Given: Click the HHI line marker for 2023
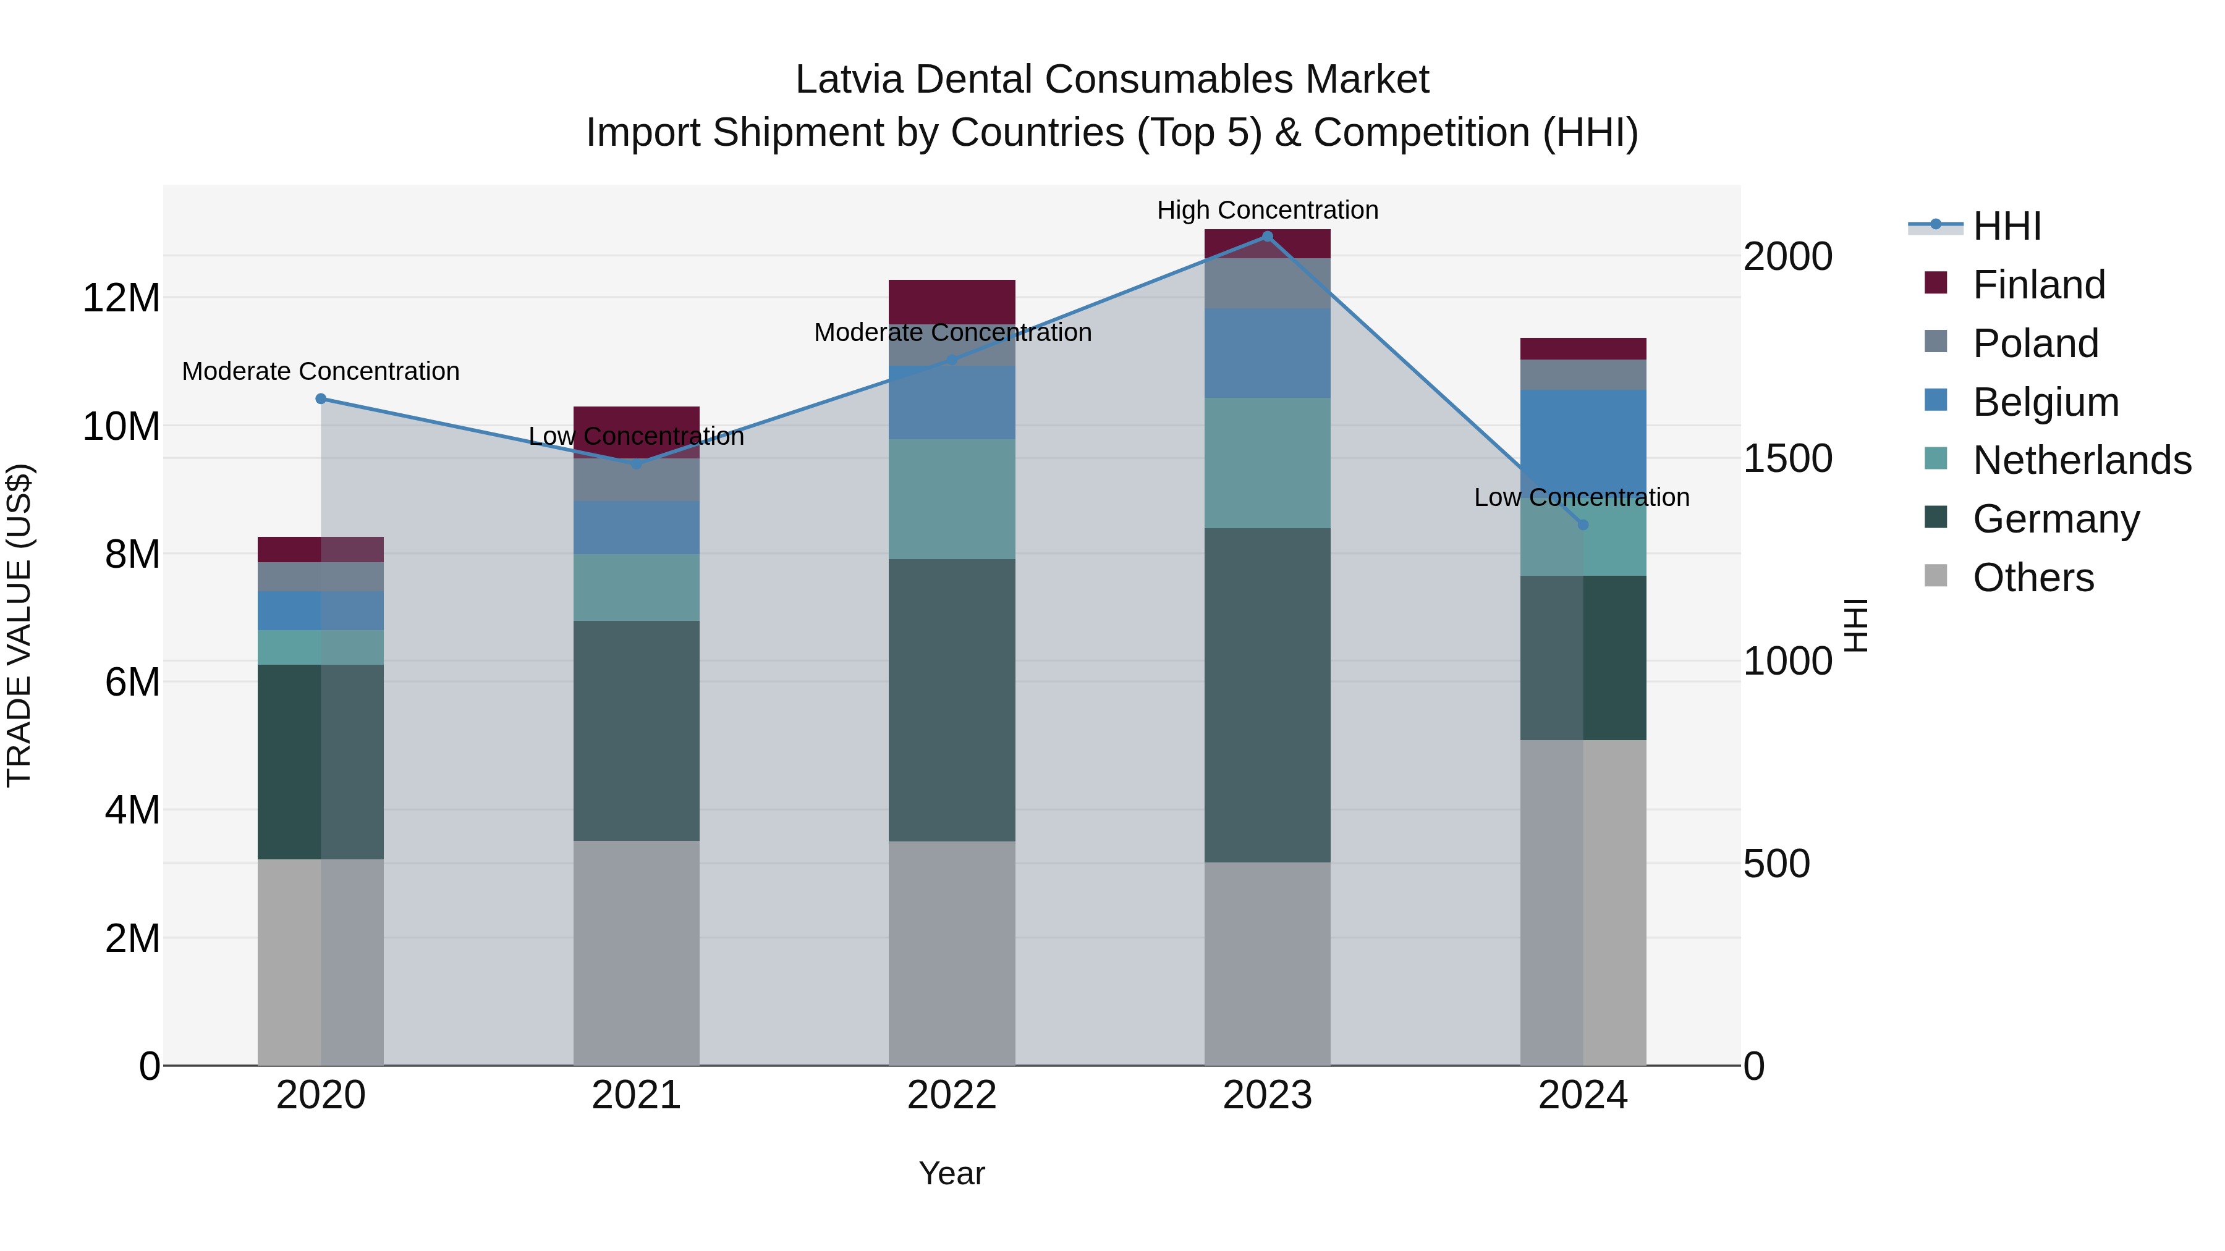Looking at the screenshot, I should pos(1267,236).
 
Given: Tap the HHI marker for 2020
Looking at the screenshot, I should pos(320,399).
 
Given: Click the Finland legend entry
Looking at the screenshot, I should pos(2038,285).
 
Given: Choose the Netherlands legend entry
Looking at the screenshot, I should pos(2082,460).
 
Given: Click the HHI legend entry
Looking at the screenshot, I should pos(2006,226).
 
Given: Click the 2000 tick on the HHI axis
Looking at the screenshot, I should pos(1787,256).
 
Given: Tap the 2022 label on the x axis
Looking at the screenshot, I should pos(952,1095).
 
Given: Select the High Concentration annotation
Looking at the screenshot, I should pos(1267,210).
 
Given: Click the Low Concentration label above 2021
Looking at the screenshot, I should pos(636,437).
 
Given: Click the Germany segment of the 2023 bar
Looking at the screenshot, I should pos(1267,695).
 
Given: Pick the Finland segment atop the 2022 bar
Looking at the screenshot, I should pos(952,301).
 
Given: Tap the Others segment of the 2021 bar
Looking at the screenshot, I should pos(636,952).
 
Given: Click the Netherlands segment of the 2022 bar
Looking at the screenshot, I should pos(952,499).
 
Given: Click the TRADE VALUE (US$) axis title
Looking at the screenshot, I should pos(19,625).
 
